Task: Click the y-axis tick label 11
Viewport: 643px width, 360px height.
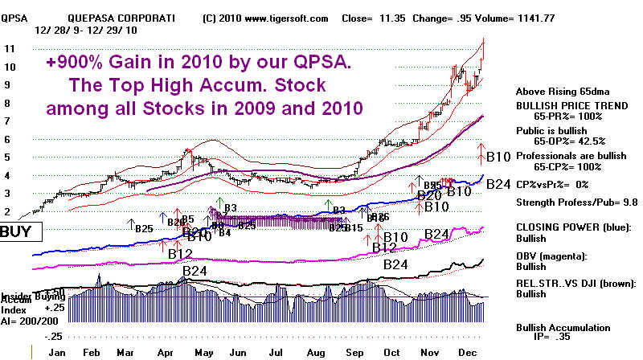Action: click(x=10, y=49)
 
